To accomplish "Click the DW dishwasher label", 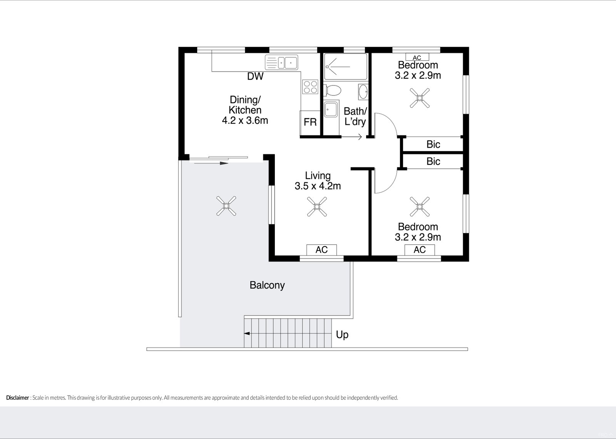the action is tap(255, 76).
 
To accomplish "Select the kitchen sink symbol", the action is tap(281, 62).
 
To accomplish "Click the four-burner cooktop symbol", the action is tap(310, 87).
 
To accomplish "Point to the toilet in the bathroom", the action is tap(333, 90).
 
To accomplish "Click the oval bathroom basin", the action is tap(363, 92).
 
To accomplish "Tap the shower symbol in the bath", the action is tap(345, 67).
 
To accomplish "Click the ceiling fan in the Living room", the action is tap(317, 207).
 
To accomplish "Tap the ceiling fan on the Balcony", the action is tap(226, 205).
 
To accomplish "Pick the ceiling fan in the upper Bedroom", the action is tap(420, 98).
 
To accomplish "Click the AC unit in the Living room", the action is tap(321, 250).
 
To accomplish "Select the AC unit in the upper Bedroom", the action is tap(417, 57).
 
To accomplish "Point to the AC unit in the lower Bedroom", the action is tap(420, 250).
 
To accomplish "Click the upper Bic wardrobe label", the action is tap(433, 144).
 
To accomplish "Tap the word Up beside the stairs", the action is tap(342, 335).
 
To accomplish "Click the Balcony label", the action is tap(267, 285).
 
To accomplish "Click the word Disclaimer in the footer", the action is tap(18, 397).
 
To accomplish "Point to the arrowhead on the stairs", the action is tap(247, 334).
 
